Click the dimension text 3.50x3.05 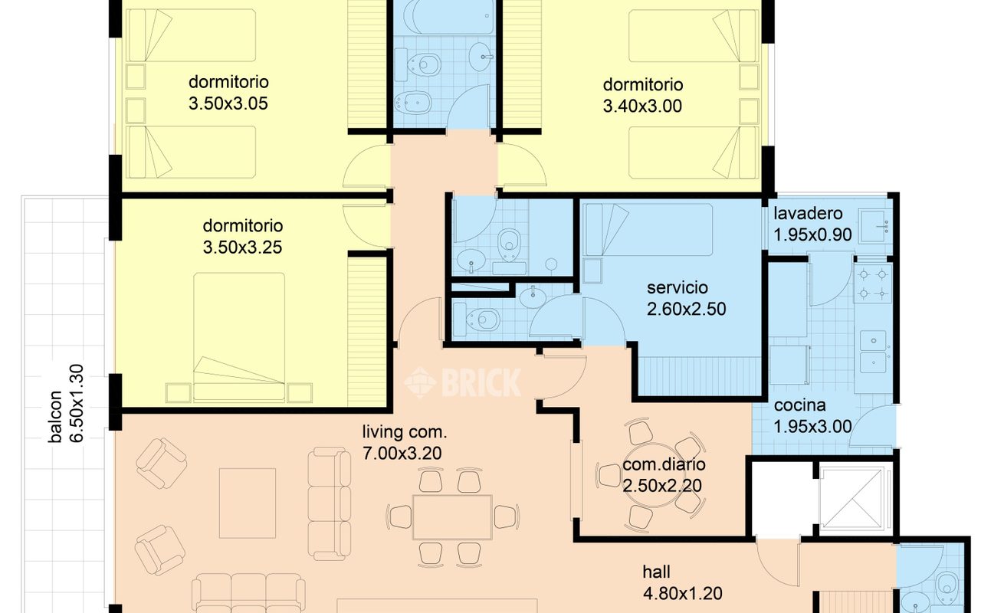(x=228, y=103)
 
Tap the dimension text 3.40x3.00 (x=642, y=107)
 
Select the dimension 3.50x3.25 (x=242, y=247)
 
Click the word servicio (x=678, y=287)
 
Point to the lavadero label (x=808, y=214)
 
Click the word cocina (x=799, y=405)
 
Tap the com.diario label (x=664, y=464)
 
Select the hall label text (x=657, y=572)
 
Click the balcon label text (x=56, y=416)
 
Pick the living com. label (x=405, y=432)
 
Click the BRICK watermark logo (x=462, y=382)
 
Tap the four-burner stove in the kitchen (x=873, y=284)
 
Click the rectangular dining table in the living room (x=452, y=517)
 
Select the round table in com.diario (x=651, y=476)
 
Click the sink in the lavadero (x=875, y=226)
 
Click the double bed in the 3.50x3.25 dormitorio (x=239, y=337)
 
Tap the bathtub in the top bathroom (x=448, y=17)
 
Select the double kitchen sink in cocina (x=873, y=352)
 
